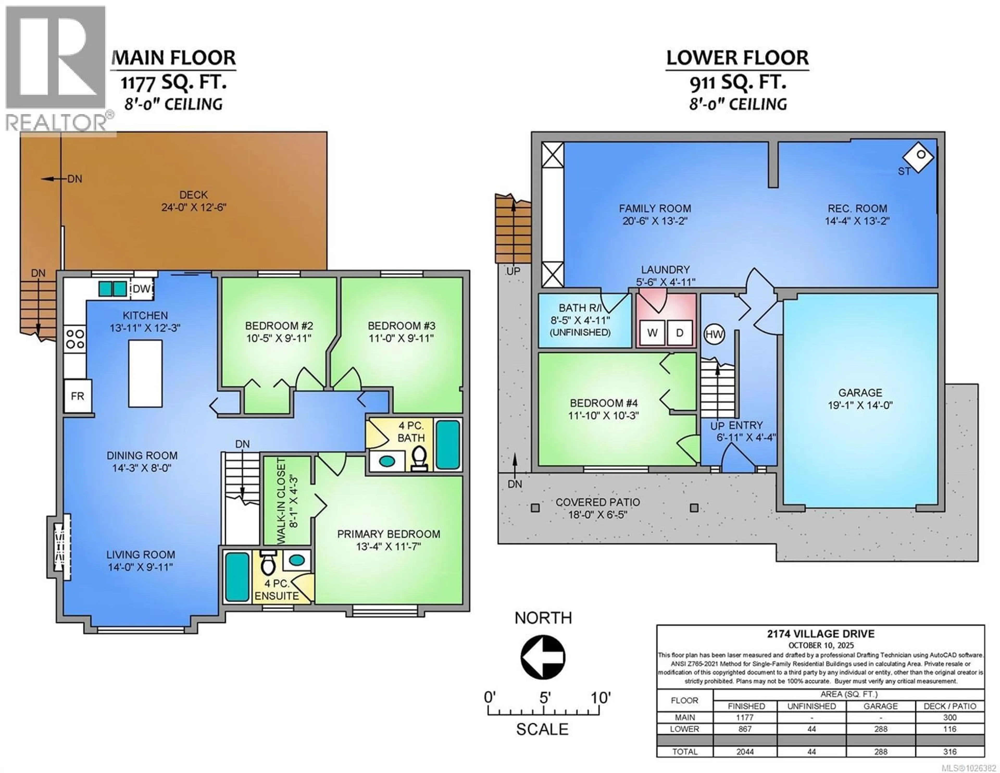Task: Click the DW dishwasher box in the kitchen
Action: tap(141, 289)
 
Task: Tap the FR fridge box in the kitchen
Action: tap(77, 396)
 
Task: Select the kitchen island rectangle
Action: tap(145, 373)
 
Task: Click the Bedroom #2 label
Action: tap(279, 326)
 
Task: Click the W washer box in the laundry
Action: tap(652, 333)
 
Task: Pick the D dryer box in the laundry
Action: tap(679, 333)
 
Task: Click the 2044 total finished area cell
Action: tap(745, 751)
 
